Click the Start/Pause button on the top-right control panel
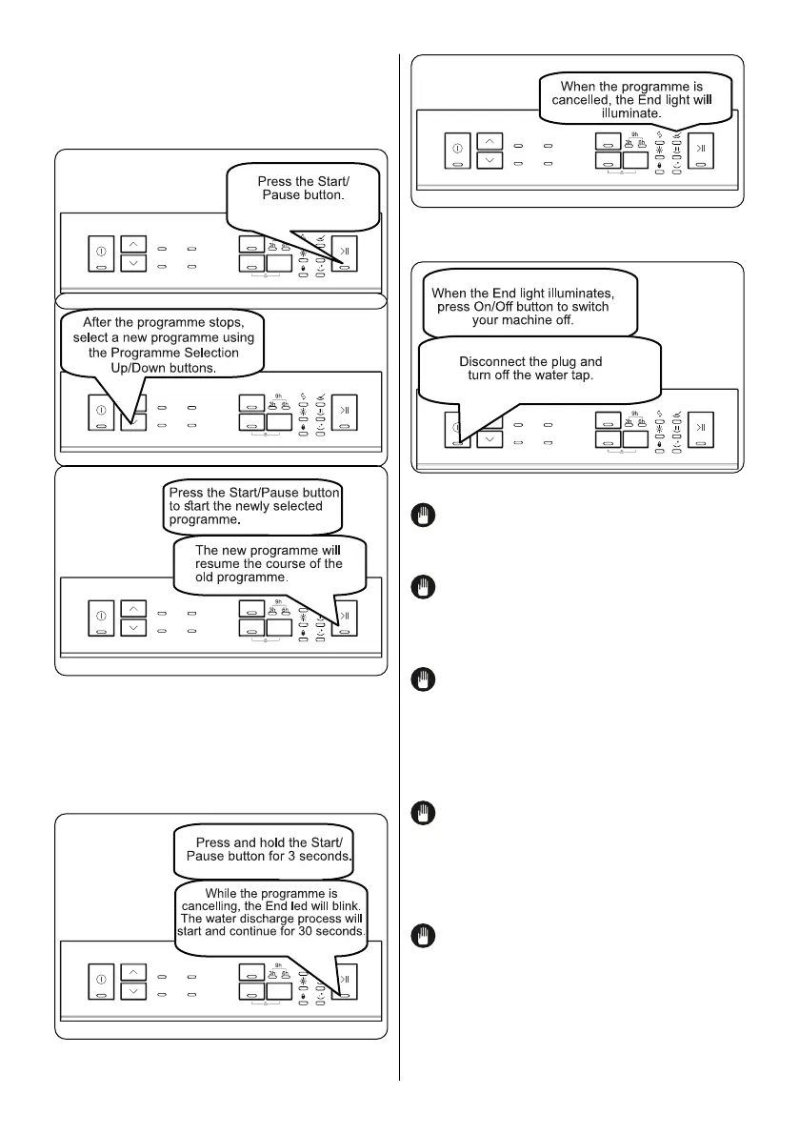click(700, 153)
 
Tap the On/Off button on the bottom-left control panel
click(101, 984)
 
